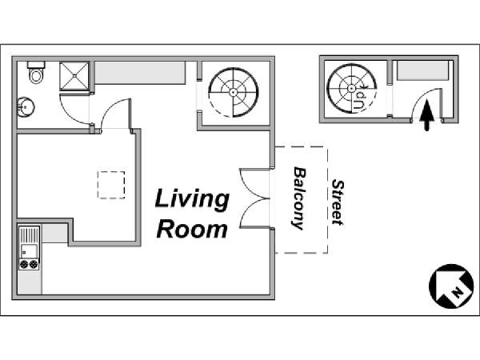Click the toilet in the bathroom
point(36,72)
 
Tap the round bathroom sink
point(26,107)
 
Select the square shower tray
point(74,76)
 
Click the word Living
point(192,200)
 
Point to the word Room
point(192,230)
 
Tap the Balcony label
point(298,198)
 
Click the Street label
point(338,202)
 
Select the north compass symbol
point(451,286)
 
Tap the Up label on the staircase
point(362,100)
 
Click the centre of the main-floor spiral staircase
point(234,92)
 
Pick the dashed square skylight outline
point(111,185)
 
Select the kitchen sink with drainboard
point(29,242)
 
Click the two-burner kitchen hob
point(29,264)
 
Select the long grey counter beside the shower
point(140,72)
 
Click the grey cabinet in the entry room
point(422,70)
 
